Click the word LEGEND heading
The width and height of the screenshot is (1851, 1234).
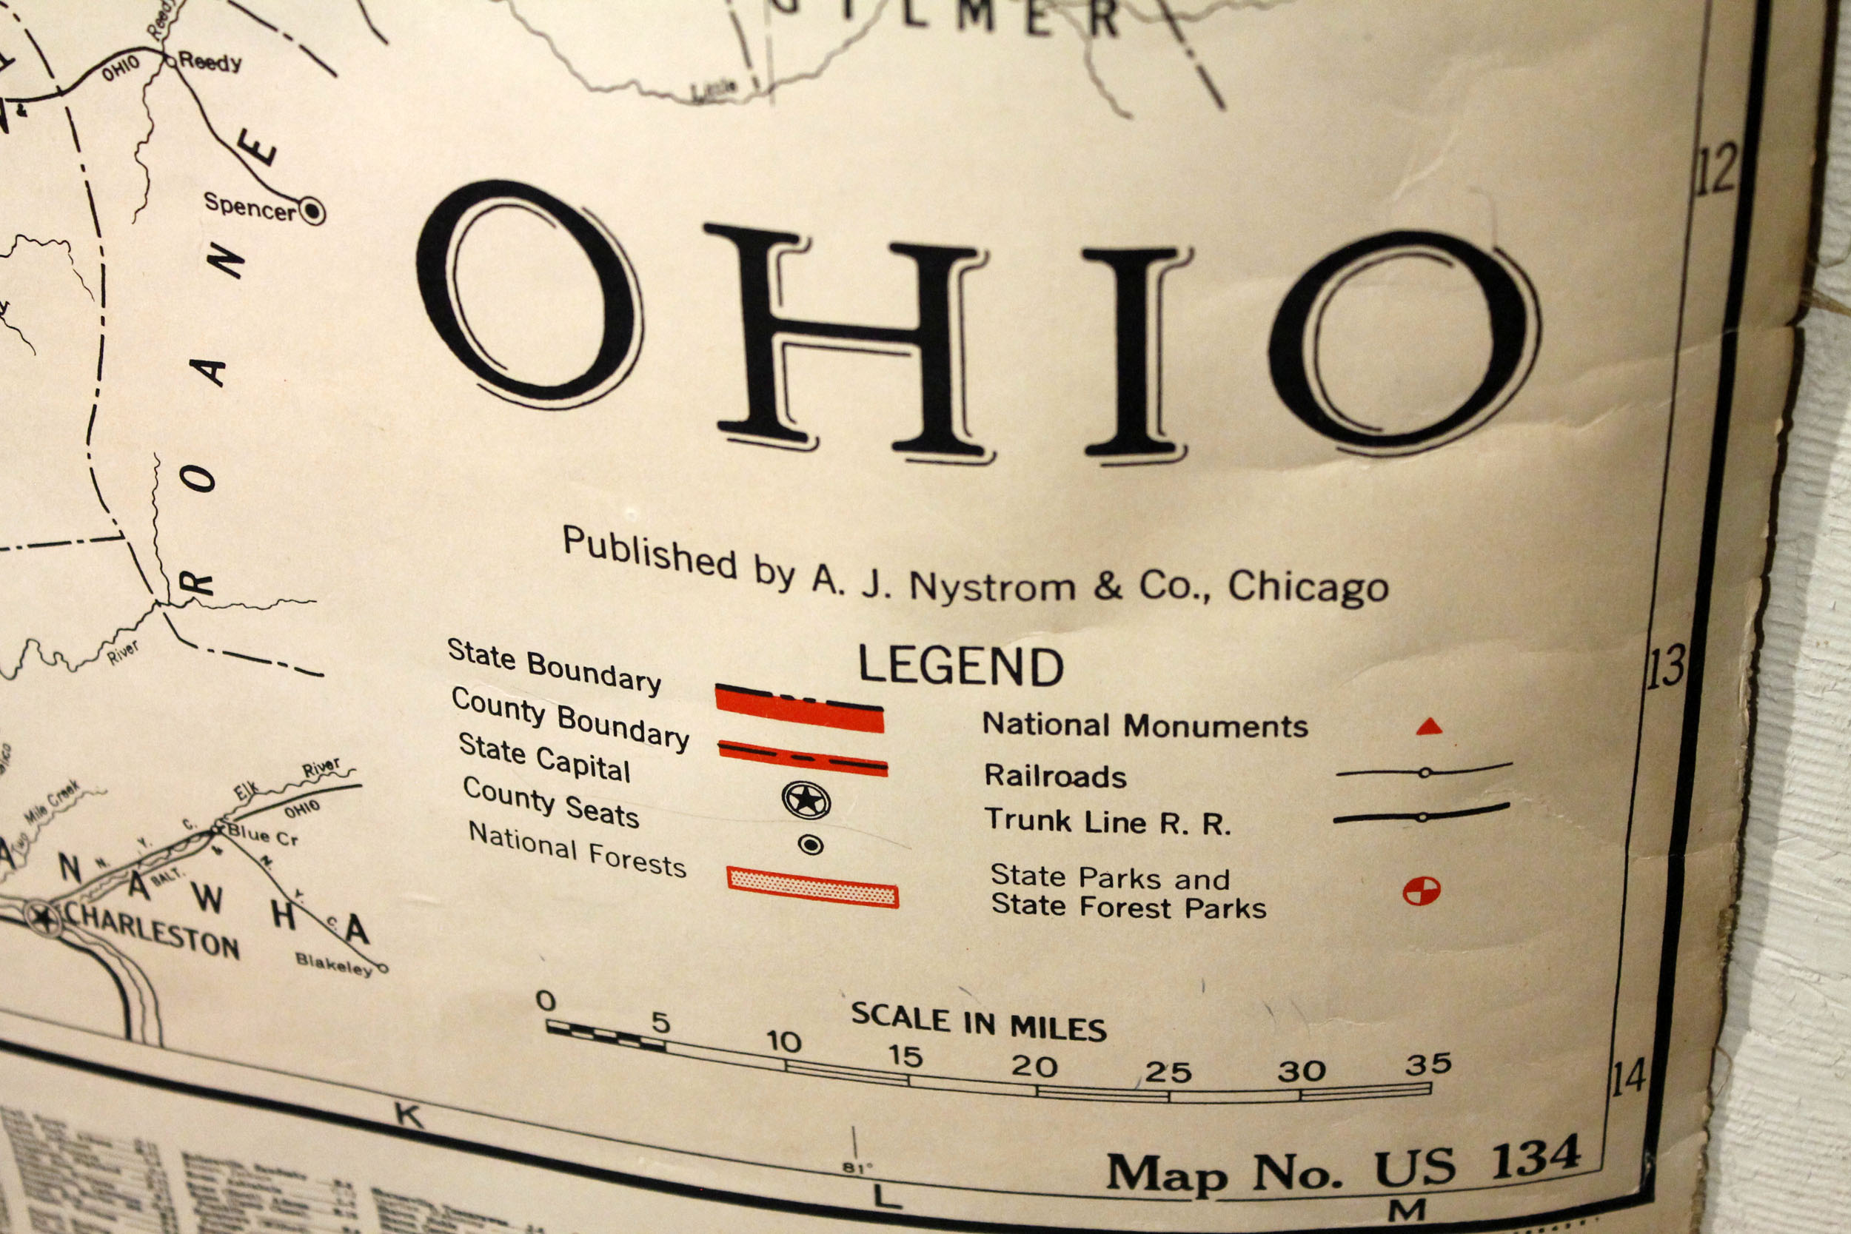point(960,665)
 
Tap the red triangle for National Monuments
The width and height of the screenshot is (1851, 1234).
point(1428,726)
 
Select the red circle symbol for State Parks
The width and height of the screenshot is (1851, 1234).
point(1422,891)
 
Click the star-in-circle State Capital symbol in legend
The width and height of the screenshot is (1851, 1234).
point(805,799)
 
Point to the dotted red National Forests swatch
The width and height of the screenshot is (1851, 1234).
point(812,887)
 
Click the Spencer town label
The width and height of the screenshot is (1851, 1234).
point(250,207)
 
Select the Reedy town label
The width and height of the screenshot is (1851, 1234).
point(210,61)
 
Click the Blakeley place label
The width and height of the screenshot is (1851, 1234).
point(334,962)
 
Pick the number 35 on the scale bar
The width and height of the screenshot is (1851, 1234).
point(1427,1064)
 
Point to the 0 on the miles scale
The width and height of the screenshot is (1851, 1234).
point(546,1000)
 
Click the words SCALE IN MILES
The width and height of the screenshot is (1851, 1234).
point(978,1022)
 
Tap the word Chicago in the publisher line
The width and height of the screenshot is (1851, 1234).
point(1308,586)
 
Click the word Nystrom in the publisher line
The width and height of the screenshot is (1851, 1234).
point(992,586)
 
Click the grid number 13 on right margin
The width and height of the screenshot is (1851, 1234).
point(1665,666)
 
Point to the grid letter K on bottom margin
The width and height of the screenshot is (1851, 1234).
point(409,1115)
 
